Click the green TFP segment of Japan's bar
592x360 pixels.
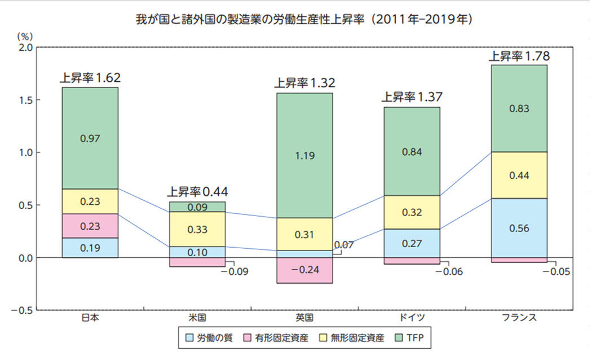click(x=90, y=138)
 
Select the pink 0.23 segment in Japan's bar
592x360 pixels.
click(x=90, y=226)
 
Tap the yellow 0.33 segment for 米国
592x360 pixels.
click(x=197, y=230)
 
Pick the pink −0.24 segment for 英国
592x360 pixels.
click(x=304, y=270)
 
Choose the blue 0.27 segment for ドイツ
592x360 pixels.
click(x=412, y=243)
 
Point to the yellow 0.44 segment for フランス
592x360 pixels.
click(x=519, y=175)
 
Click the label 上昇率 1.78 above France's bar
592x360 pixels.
click(x=519, y=56)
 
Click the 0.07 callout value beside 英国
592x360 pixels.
click(x=343, y=245)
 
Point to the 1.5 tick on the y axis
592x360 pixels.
click(x=25, y=100)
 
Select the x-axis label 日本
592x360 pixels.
click(x=90, y=318)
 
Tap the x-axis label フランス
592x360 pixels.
click(x=519, y=318)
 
